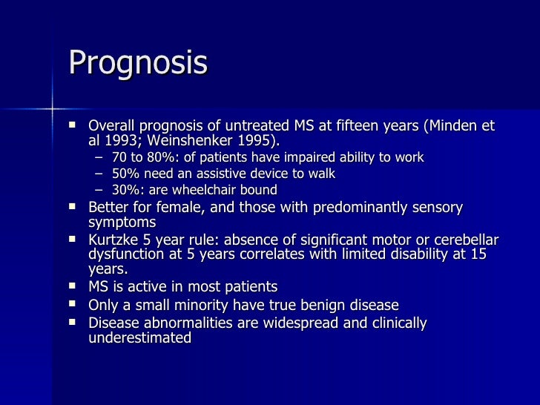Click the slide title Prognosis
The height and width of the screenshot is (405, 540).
137,64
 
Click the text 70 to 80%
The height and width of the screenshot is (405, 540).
142,157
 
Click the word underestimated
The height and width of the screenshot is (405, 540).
140,337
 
